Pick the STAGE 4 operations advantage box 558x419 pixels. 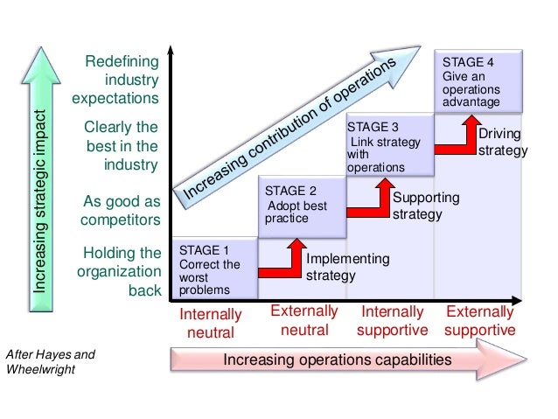tap(479, 82)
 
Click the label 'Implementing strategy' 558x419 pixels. tap(347, 267)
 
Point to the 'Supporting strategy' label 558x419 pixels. tap(425, 206)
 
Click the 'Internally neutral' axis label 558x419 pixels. tap(211, 323)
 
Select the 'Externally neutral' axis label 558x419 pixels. tap(304, 321)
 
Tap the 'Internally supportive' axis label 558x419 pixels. tap(393, 321)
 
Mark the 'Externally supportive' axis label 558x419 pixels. tap(480, 321)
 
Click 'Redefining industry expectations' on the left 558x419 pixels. tap(117, 80)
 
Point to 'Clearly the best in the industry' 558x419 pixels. tap(121, 145)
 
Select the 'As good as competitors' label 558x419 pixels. tap(121, 209)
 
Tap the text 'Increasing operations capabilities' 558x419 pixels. tap(338, 360)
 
